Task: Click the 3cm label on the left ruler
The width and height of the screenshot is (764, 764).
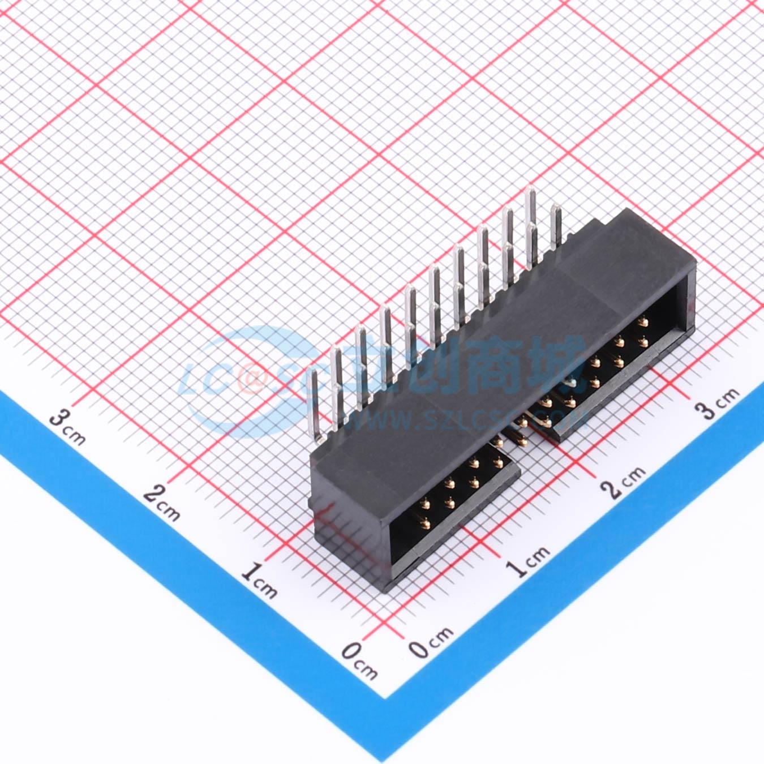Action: pyautogui.click(x=68, y=428)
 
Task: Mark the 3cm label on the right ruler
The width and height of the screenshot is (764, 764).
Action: pyautogui.click(x=718, y=402)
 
